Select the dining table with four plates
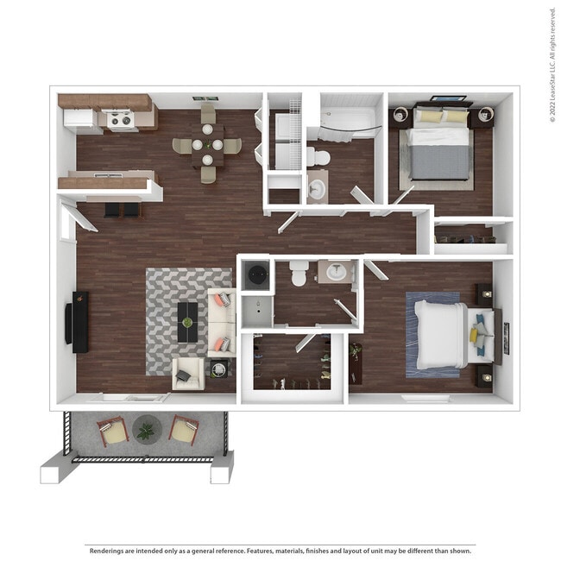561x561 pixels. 207,146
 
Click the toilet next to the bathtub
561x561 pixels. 318,157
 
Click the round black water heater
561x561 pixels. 257,275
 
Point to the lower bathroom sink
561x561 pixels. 335,273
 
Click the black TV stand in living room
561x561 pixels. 79,321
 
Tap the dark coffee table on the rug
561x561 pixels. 187,321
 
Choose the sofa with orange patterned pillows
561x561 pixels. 221,322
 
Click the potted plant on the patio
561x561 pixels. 145,428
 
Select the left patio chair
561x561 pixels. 112,430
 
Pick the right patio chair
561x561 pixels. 183,429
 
